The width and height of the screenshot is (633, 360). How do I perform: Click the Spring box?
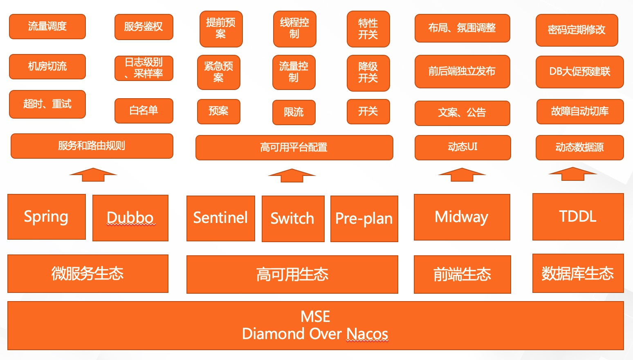click(47, 217)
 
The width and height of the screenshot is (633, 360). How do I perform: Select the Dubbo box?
click(130, 218)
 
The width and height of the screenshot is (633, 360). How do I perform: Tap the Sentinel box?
click(221, 218)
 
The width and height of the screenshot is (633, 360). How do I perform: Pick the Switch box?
click(293, 219)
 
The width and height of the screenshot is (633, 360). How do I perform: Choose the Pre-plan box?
click(364, 219)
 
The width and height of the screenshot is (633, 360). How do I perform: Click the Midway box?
click(462, 217)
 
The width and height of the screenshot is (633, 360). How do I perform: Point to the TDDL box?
click(578, 216)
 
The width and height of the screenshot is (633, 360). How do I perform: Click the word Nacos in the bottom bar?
click(367, 334)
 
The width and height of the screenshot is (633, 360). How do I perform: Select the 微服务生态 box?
click(88, 274)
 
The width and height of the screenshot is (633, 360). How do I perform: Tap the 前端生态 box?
click(462, 274)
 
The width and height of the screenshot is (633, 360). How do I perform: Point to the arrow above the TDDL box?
click(572, 174)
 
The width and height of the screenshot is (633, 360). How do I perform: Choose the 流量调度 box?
click(47, 27)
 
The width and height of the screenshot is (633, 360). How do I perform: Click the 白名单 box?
click(144, 110)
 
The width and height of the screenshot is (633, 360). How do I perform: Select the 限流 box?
click(294, 112)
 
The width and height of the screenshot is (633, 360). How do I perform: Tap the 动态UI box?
click(462, 147)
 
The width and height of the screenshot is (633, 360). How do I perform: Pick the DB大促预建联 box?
click(579, 72)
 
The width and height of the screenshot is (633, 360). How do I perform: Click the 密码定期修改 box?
click(577, 30)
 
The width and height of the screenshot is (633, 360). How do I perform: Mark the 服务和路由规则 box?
click(92, 146)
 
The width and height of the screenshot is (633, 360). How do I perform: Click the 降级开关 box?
click(368, 73)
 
